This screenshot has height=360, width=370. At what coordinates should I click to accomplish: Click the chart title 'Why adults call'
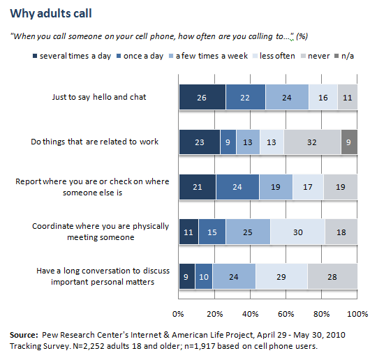coord(50,13)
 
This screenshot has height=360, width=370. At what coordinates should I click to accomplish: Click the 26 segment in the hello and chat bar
coord(202,96)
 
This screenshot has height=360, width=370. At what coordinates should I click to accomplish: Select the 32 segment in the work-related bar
coord(313,142)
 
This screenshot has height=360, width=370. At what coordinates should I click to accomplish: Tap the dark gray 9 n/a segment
coord(350,142)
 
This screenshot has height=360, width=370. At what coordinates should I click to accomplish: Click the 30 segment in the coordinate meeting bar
coord(297,232)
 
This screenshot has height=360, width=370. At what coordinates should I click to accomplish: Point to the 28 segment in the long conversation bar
coord(332,276)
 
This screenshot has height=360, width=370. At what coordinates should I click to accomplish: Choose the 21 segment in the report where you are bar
coord(197,186)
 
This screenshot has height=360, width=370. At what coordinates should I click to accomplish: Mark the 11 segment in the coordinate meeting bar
coord(188,232)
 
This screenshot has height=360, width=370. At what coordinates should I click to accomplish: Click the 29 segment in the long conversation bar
coord(281,276)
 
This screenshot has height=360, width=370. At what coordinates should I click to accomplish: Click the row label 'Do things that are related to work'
coord(95,142)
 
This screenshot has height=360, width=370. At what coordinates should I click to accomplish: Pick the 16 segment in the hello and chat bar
coord(323,96)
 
